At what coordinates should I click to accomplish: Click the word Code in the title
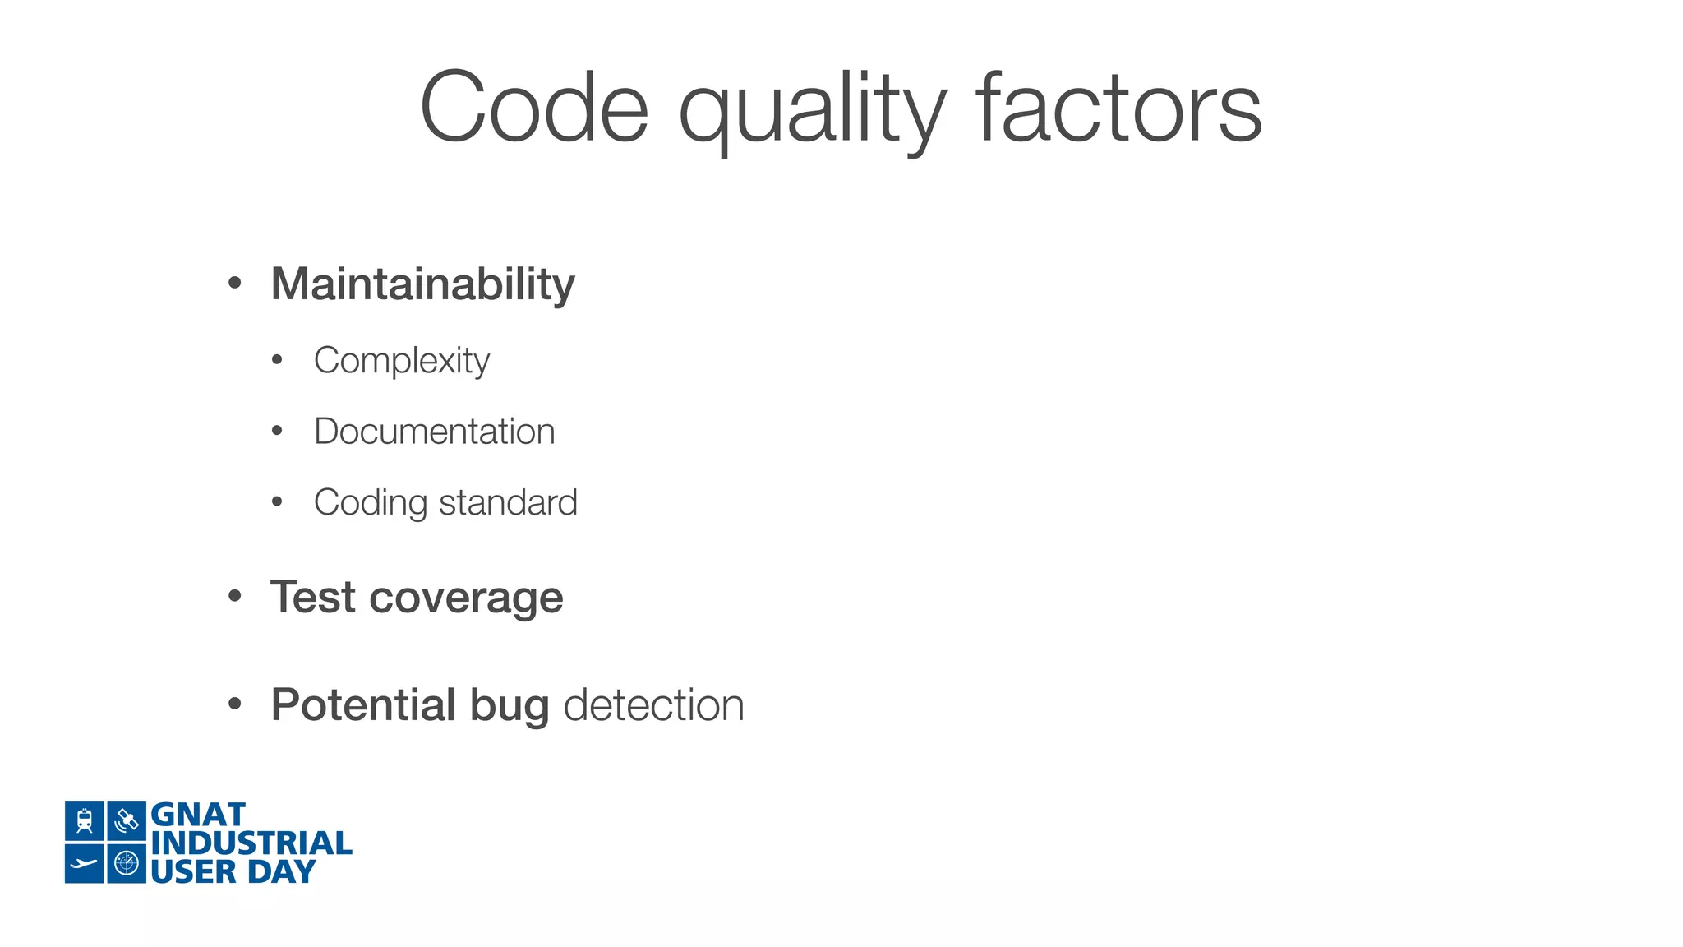coord(534,109)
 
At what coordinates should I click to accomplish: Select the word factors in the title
coord(1118,109)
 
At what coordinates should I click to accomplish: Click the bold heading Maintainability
coord(422,284)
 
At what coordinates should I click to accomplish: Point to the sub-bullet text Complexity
coord(401,361)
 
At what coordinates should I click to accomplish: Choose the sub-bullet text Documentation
coord(434,432)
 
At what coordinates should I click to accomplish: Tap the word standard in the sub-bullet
coord(508,502)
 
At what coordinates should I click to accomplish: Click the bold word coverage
coord(466,598)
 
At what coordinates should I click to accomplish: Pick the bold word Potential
coord(363,705)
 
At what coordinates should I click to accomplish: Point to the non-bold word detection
coord(653,705)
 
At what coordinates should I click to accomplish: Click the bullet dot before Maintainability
coord(235,284)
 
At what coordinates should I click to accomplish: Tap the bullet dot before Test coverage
coord(235,596)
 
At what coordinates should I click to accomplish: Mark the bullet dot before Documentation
coord(277,431)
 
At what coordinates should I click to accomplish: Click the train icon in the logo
coord(85,820)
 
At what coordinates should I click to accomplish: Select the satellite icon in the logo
coord(127,820)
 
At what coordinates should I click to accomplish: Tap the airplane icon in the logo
coord(85,863)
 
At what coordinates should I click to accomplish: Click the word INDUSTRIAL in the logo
coord(251,843)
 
